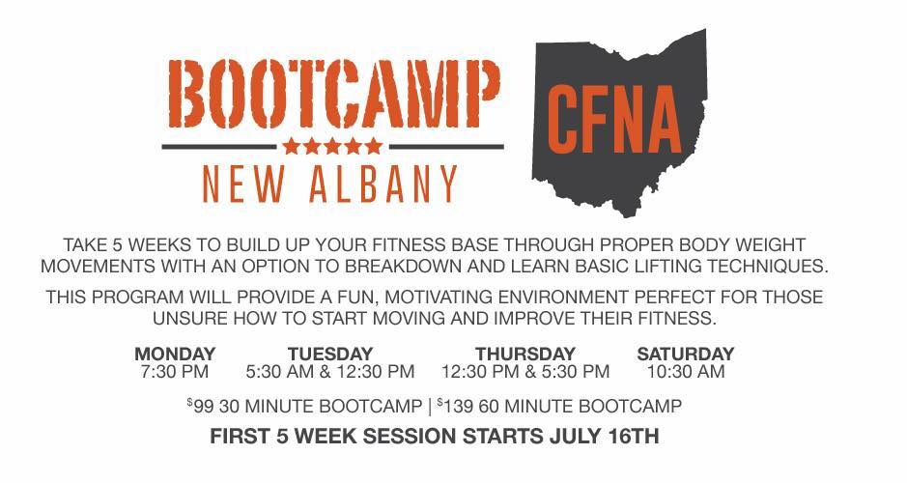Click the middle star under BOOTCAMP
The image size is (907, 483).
coord(332,146)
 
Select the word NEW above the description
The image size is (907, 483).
coord(243,184)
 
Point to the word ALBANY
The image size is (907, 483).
coord(383,184)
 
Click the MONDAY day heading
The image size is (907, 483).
coord(175,354)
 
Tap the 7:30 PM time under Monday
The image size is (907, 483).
coord(174,371)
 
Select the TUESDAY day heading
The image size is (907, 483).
coord(330,354)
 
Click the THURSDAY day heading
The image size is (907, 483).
coord(525,354)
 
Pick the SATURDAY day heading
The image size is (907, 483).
coord(686,354)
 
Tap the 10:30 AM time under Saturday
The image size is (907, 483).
coord(686,371)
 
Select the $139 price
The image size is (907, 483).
coord(456,406)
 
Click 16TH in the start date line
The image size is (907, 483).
coord(634,436)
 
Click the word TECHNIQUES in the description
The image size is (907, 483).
coord(768,266)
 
